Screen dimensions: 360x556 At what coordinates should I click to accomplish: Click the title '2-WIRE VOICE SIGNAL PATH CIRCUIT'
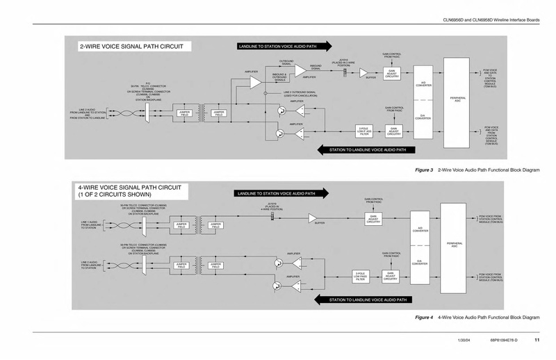click(x=131, y=47)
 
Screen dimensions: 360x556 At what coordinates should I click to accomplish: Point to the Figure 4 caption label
click(x=423, y=316)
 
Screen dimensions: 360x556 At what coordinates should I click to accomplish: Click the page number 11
click(x=537, y=339)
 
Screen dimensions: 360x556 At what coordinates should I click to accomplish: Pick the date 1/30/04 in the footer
click(x=465, y=339)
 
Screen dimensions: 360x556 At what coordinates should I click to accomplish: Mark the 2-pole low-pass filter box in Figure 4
click(x=360, y=276)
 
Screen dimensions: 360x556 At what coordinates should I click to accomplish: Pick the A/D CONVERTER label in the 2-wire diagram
click(x=422, y=83)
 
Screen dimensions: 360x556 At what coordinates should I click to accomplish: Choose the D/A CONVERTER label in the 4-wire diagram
click(x=420, y=263)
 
